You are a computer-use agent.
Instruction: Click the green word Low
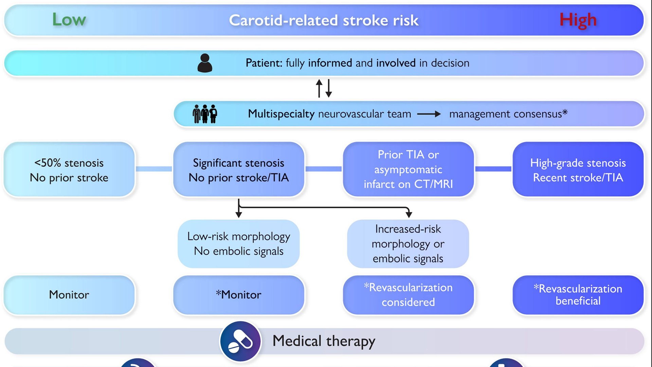tap(69, 20)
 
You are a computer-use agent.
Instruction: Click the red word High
tap(578, 20)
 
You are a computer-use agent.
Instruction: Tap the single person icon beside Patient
tap(205, 63)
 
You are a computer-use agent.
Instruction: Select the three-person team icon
tap(205, 114)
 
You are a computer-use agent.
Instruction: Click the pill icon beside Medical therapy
tap(240, 341)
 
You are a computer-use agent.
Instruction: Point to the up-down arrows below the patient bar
tap(324, 88)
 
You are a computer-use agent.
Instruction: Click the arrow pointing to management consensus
tap(429, 114)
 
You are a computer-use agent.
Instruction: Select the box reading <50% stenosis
tap(69, 170)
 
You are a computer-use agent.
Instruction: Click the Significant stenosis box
tap(239, 170)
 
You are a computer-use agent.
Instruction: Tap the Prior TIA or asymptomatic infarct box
tap(408, 169)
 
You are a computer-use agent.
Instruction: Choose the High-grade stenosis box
tap(578, 170)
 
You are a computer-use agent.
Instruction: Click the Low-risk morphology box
tap(239, 244)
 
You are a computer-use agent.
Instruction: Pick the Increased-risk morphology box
tap(408, 244)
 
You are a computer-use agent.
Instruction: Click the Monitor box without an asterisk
tap(69, 295)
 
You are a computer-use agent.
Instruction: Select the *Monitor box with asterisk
tap(239, 295)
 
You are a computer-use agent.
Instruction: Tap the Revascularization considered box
tap(408, 295)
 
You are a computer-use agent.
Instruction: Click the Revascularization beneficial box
tap(578, 295)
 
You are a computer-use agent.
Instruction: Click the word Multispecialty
tap(281, 114)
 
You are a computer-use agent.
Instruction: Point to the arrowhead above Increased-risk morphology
tap(409, 214)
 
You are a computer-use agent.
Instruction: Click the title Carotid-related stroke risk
tap(324, 20)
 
